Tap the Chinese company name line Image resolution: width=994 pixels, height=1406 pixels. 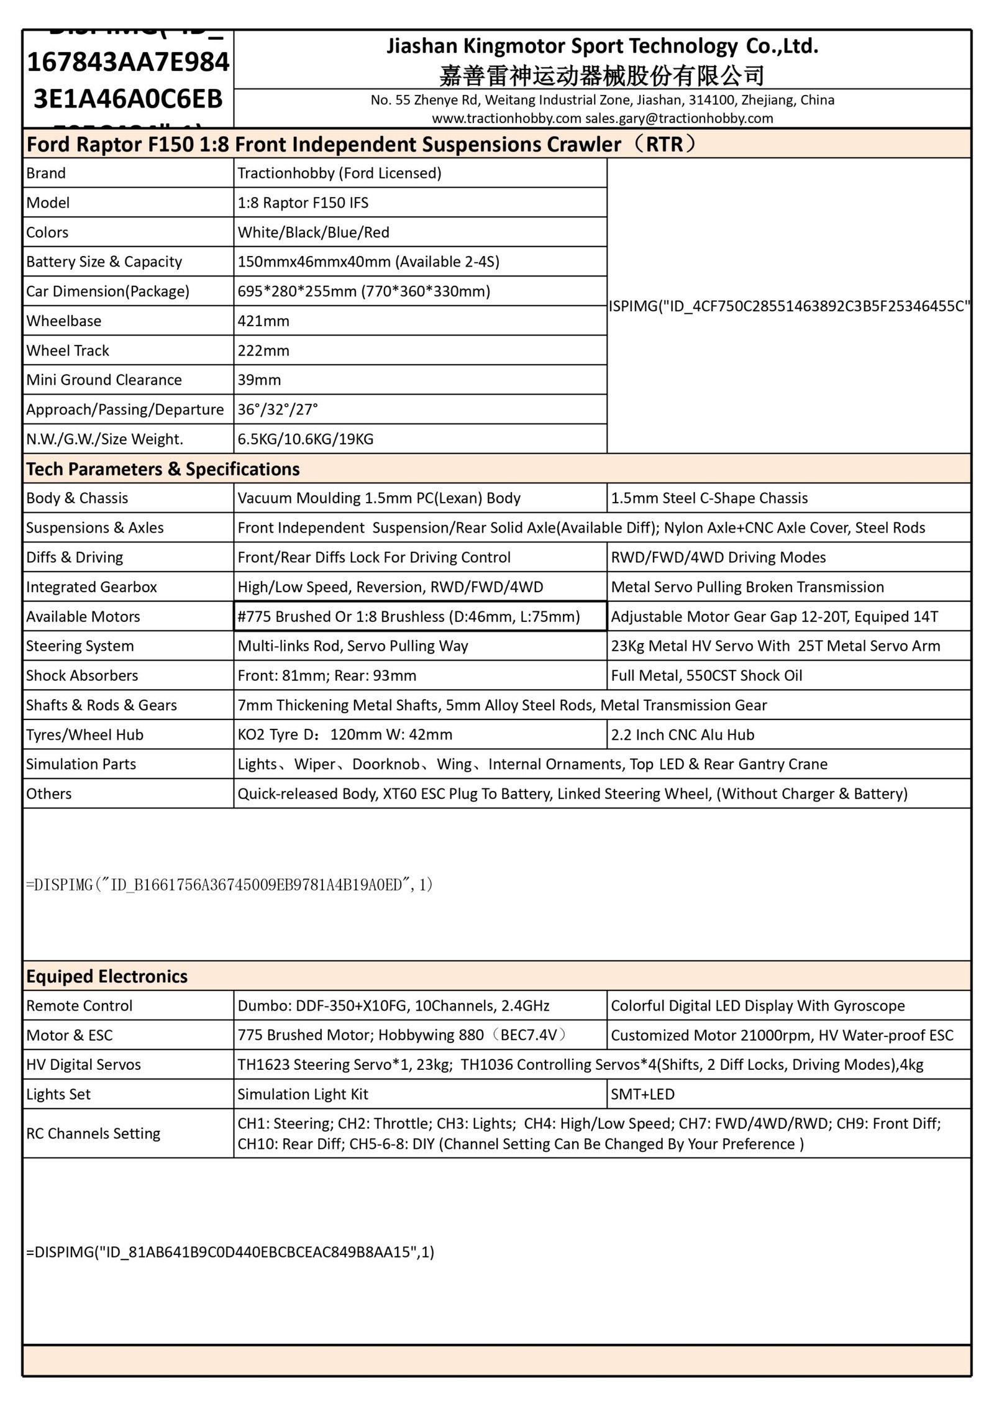pyautogui.click(x=602, y=76)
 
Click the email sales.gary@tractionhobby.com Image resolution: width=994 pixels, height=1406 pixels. pyautogui.click(x=679, y=118)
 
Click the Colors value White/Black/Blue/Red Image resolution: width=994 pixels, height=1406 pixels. pyautogui.click(x=313, y=232)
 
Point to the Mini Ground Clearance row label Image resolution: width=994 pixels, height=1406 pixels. pyautogui.click(x=104, y=380)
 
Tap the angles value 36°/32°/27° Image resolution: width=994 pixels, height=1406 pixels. pyautogui.click(x=278, y=410)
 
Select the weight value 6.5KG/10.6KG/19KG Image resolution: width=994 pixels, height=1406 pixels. pyautogui.click(x=306, y=439)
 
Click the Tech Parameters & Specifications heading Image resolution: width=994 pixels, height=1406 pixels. pyautogui.click(x=163, y=469)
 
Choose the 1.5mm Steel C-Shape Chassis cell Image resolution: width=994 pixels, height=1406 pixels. pyautogui.click(x=709, y=498)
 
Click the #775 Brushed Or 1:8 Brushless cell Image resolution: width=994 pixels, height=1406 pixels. pyautogui.click(x=408, y=617)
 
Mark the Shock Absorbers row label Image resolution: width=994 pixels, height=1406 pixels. pyautogui.click(x=82, y=676)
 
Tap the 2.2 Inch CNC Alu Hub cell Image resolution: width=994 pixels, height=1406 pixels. pyautogui.click(x=682, y=735)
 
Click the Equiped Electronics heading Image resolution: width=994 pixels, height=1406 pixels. pyautogui.click(x=106, y=977)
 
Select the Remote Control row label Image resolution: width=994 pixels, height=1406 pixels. pyautogui.click(x=79, y=1006)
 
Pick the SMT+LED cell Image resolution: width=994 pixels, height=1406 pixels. pyautogui.click(x=642, y=1095)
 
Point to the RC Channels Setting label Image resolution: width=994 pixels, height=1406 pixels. pyautogui.click(x=93, y=1134)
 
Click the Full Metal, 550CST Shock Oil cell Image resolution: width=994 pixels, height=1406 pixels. pyautogui.click(x=706, y=676)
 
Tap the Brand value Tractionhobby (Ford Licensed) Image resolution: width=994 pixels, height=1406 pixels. pyautogui.click(x=339, y=173)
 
